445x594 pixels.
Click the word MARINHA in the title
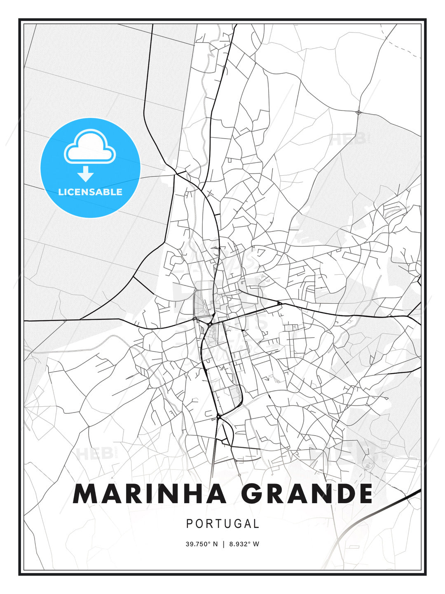tap(150, 494)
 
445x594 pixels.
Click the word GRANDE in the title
tap(307, 494)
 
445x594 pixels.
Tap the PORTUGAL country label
tap(222, 524)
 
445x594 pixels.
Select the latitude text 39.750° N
tap(201, 544)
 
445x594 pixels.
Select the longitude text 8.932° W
tap(244, 544)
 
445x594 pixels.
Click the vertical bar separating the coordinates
tap(223, 544)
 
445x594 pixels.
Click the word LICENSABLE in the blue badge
tap(90, 192)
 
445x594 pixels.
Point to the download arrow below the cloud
tap(86, 174)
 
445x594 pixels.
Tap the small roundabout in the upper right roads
tap(358, 112)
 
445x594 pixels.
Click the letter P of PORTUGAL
tap(190, 524)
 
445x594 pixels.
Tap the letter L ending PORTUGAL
tap(256, 524)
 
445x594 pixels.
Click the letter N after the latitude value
tap(215, 544)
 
